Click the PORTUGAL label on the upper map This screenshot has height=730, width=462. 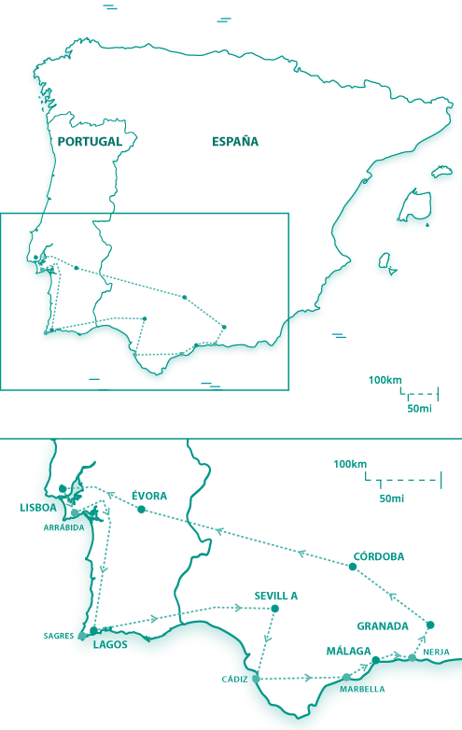pos(90,142)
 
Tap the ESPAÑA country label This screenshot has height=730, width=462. pos(235,142)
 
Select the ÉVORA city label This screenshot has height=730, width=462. pos(149,496)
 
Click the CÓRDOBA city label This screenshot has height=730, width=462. pos(379,556)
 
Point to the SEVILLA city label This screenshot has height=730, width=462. pos(276,595)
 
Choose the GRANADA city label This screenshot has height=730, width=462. pos(383,625)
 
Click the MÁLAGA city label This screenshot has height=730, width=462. pos(348,651)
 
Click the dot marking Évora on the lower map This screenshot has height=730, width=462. pos(141,510)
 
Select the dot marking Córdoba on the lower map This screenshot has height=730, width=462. pos(353,567)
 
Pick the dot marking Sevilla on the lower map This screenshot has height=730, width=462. pos(274,609)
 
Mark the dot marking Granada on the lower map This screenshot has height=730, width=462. pos(430,625)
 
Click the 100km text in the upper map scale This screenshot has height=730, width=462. pos(385,380)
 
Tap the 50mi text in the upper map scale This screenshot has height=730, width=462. pos(419,409)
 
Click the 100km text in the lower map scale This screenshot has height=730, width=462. pos(350,464)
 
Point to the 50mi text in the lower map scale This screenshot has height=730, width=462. pos(392,498)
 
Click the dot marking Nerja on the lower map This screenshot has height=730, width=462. pos(413,658)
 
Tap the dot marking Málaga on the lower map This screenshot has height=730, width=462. pos(376,661)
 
